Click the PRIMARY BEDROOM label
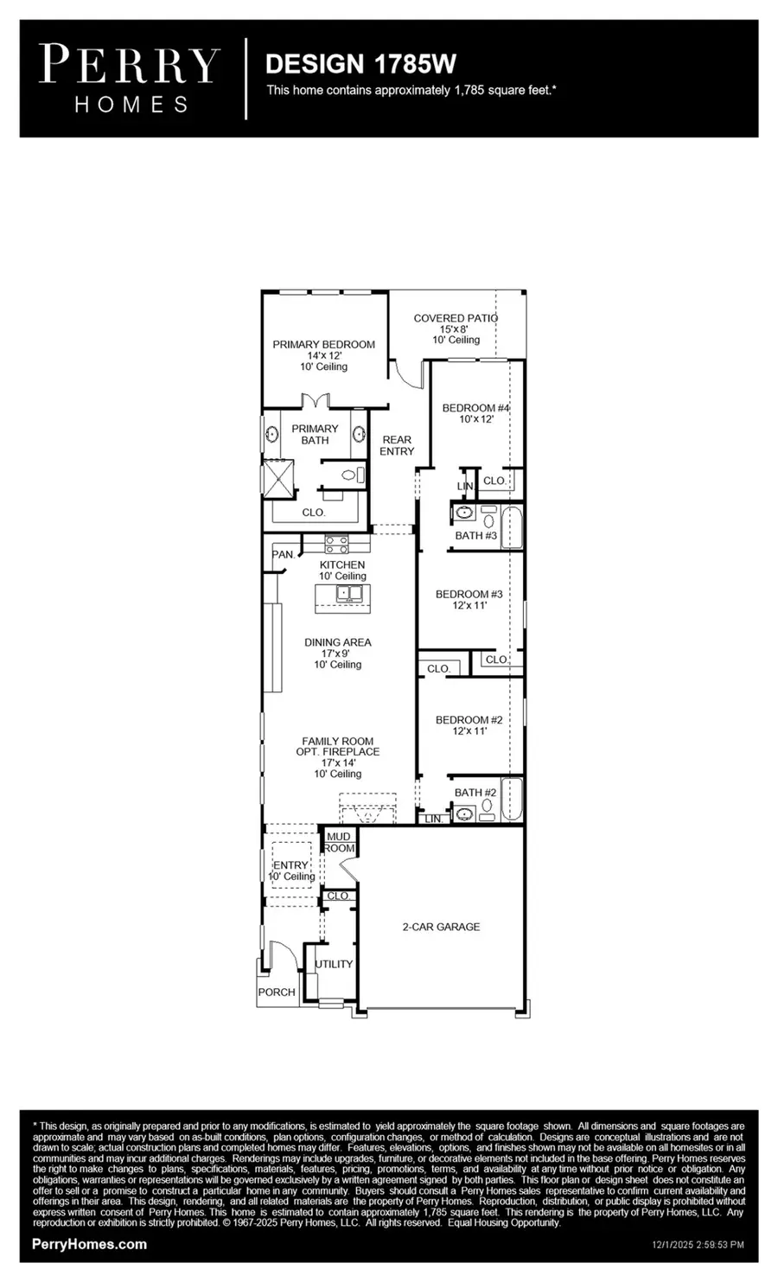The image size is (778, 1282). click(323, 344)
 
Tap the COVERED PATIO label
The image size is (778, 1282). click(455, 318)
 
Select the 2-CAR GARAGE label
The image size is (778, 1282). click(440, 927)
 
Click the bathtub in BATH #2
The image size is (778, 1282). click(512, 800)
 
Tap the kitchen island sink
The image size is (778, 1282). click(350, 594)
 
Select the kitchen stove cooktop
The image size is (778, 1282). click(336, 545)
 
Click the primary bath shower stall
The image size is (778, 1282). click(278, 478)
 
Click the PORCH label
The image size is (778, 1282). click(277, 992)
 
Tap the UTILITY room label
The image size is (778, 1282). click(334, 964)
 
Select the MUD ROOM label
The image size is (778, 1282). click(339, 842)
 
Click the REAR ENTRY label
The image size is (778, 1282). click(397, 445)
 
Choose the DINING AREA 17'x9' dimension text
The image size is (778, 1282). click(337, 654)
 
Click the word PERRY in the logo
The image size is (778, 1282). click(130, 66)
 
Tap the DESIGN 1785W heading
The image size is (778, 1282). click(360, 63)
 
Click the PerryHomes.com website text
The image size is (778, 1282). click(89, 1244)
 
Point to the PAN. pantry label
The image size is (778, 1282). click(283, 554)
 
